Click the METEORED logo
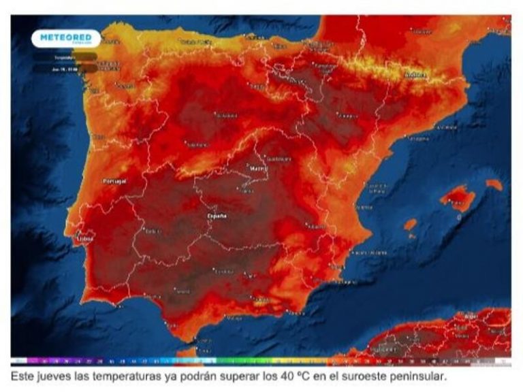[x=65, y=38]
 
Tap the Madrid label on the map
[x=257, y=167]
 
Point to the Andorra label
[x=415, y=75]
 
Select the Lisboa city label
[x=86, y=239]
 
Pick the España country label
[x=217, y=216]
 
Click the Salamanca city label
[x=197, y=144]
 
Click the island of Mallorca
[x=456, y=197]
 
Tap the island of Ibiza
[x=410, y=224]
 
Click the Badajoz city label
[x=154, y=231]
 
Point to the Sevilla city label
[x=183, y=291]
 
